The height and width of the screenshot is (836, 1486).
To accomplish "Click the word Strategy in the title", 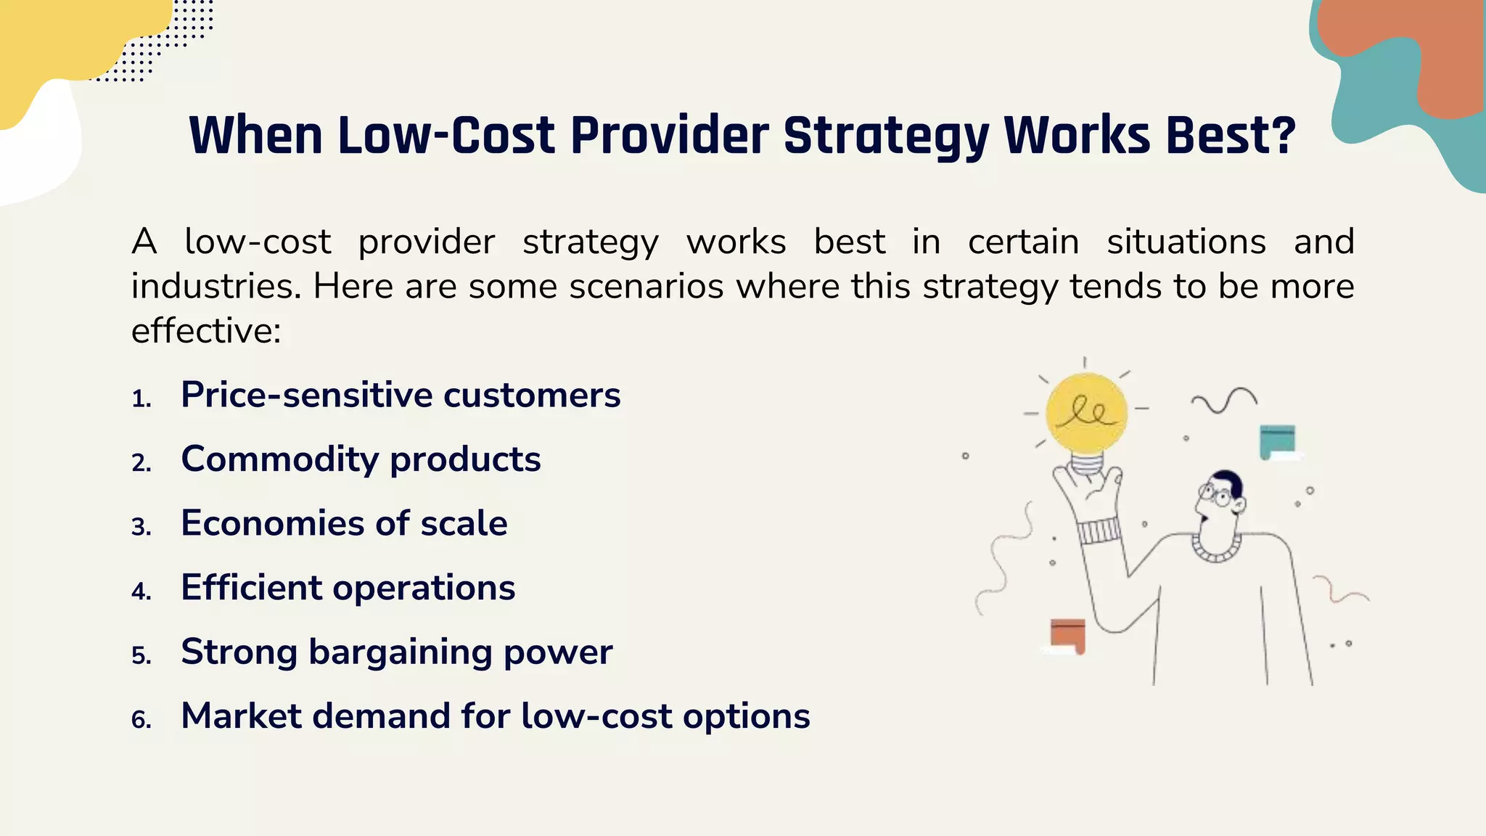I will [886, 136].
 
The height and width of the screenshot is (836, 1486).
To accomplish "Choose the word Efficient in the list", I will [250, 588].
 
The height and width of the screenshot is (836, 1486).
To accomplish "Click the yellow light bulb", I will [1086, 414].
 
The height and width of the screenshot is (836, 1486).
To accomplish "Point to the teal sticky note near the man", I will [1277, 440].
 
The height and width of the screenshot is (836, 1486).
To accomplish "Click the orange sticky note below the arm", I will [1067, 635].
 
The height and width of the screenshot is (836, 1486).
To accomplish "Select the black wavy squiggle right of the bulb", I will [1224, 400].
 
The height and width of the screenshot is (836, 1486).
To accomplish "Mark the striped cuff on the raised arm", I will [1099, 531].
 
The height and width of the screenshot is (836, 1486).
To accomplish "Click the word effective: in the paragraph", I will [206, 332].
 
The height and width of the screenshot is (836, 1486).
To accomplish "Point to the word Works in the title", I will [1077, 136].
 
